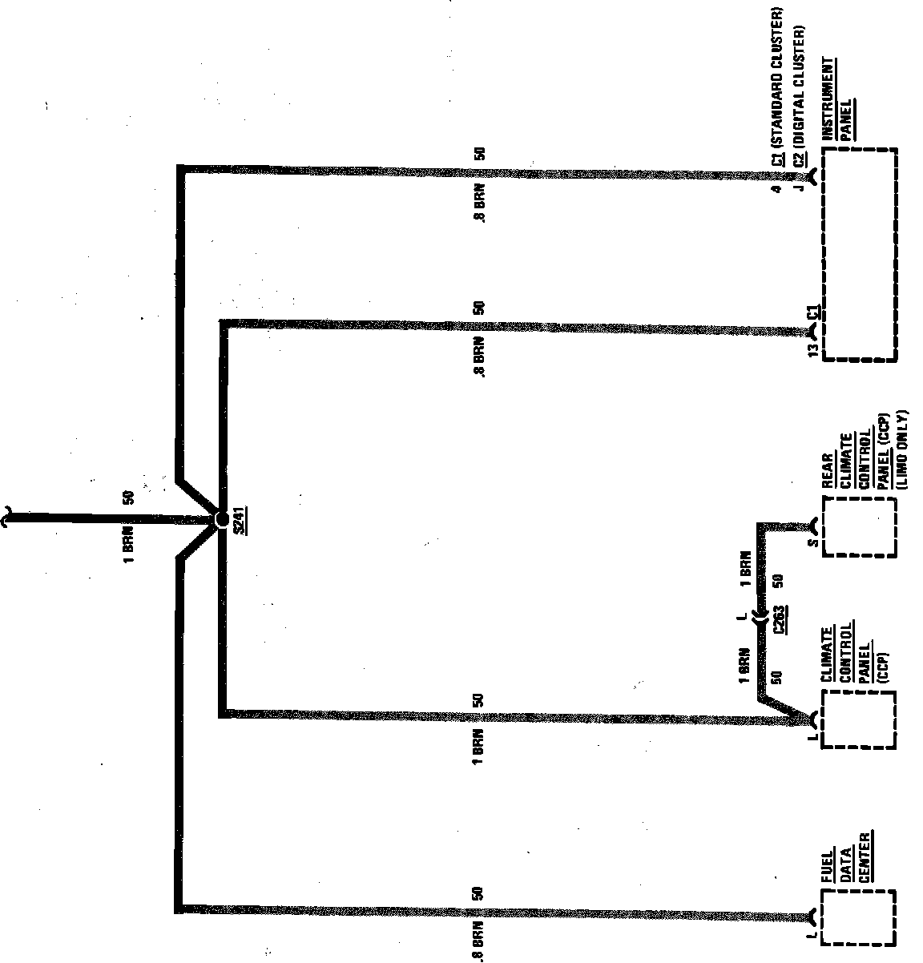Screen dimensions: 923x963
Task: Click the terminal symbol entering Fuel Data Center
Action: click(813, 914)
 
